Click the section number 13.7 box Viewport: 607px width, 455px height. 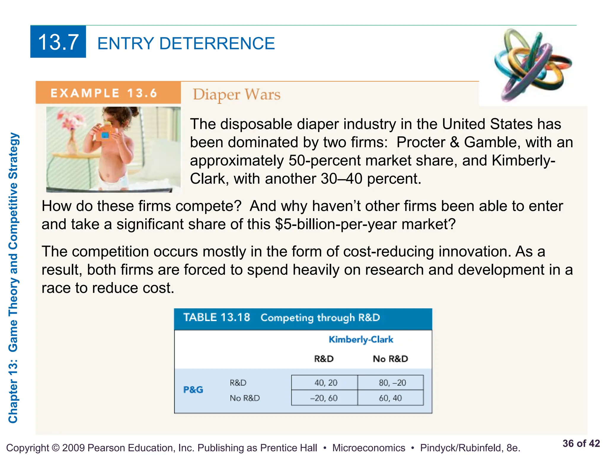[58, 42]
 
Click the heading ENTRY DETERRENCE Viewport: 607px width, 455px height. [186, 43]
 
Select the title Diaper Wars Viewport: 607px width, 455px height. [237, 95]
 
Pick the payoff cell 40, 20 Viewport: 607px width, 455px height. [325, 383]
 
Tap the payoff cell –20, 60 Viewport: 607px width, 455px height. [324, 398]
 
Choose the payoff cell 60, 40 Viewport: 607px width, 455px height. [390, 398]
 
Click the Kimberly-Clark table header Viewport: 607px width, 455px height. [361, 339]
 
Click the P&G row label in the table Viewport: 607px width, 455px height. [193, 390]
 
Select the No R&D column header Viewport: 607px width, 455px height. [390, 359]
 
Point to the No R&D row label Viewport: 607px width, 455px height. [245, 398]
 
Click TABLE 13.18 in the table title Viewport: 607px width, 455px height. [217, 318]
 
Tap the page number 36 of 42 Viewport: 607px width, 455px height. [581, 443]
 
